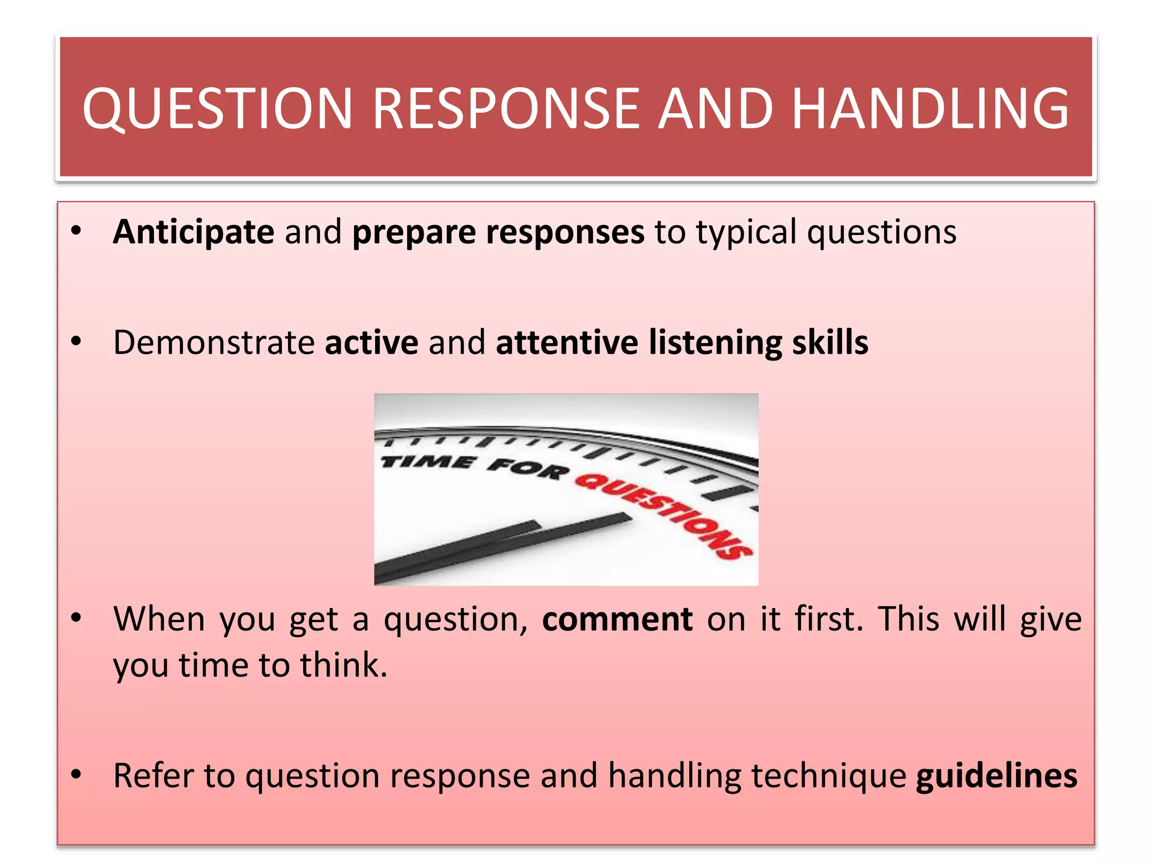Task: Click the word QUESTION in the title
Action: coord(217,108)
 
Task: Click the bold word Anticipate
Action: coord(193,232)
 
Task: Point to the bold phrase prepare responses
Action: coord(498,232)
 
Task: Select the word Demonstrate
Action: coord(214,343)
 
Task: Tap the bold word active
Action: coord(371,343)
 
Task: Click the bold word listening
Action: coord(715,343)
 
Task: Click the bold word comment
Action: coord(617,619)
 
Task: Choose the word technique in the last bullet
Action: coord(829,776)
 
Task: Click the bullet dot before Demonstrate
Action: coord(76,342)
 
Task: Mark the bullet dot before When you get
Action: coord(76,619)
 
